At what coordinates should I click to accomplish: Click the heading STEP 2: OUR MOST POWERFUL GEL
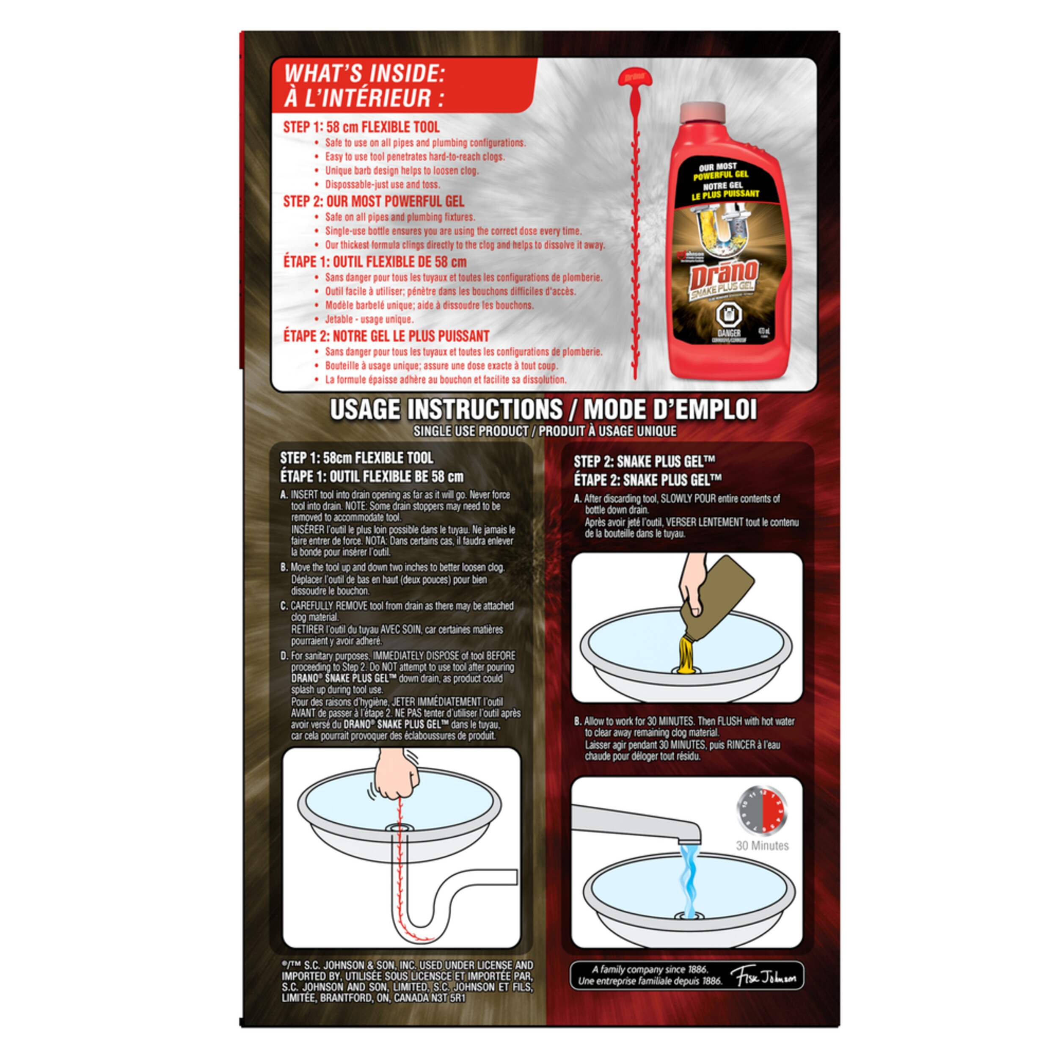click(x=374, y=201)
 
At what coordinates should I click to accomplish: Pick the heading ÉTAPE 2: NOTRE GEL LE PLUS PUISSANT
click(x=386, y=336)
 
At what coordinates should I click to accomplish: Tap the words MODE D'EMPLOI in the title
click(x=670, y=410)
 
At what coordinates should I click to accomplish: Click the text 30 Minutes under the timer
click(x=762, y=846)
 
